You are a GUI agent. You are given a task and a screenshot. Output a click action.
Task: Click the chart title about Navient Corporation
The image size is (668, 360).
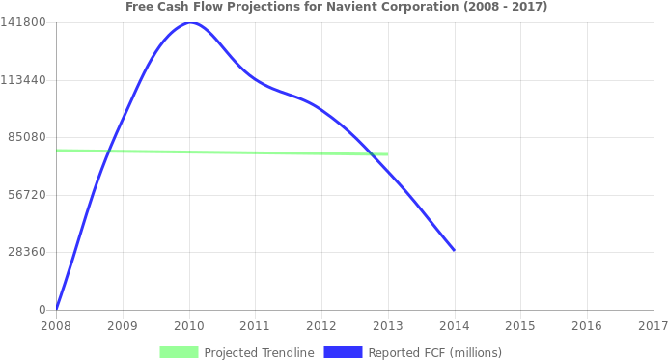tap(336, 7)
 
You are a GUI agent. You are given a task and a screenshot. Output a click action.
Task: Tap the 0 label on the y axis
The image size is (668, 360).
tap(42, 309)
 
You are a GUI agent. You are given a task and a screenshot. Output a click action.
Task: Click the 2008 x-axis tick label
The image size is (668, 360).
tap(55, 326)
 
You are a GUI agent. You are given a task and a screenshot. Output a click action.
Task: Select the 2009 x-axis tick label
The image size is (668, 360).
tap(122, 326)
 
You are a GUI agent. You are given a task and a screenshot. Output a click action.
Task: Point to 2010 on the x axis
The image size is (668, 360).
tap(188, 326)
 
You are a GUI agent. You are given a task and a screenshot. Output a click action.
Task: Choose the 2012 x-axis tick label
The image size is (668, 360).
tap(320, 326)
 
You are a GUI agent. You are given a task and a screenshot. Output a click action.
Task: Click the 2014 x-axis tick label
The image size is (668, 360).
tap(454, 326)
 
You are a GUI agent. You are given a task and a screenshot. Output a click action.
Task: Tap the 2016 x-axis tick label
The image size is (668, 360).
tap(586, 326)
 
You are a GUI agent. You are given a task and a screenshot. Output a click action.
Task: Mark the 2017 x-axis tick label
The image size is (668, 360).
tap(653, 326)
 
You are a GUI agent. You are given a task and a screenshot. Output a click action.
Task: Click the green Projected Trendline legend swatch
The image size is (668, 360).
tap(179, 352)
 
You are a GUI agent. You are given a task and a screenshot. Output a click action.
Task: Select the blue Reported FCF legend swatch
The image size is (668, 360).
tap(343, 352)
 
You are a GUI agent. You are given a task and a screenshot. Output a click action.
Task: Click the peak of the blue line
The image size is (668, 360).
tap(188, 22)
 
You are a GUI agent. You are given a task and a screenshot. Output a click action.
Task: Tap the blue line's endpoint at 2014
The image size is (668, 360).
tap(454, 250)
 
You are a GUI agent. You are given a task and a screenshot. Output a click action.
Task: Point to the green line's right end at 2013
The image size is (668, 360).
tap(387, 154)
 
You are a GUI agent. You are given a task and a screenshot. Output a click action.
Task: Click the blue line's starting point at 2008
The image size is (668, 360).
tap(56, 308)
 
